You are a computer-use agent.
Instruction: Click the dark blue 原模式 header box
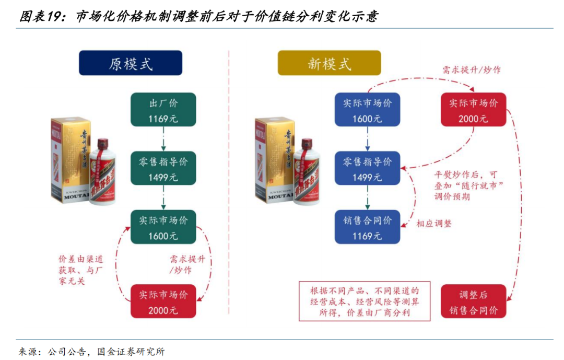pos(131,63)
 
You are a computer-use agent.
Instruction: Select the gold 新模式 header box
pos(329,63)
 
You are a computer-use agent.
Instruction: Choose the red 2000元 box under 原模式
pos(163,302)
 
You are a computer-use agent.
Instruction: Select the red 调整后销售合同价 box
pos(473,302)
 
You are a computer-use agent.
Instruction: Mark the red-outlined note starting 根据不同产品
pos(364,301)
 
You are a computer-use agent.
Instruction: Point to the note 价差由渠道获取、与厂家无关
pos(80,270)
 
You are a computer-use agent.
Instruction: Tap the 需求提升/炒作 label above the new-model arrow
pos(471,69)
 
